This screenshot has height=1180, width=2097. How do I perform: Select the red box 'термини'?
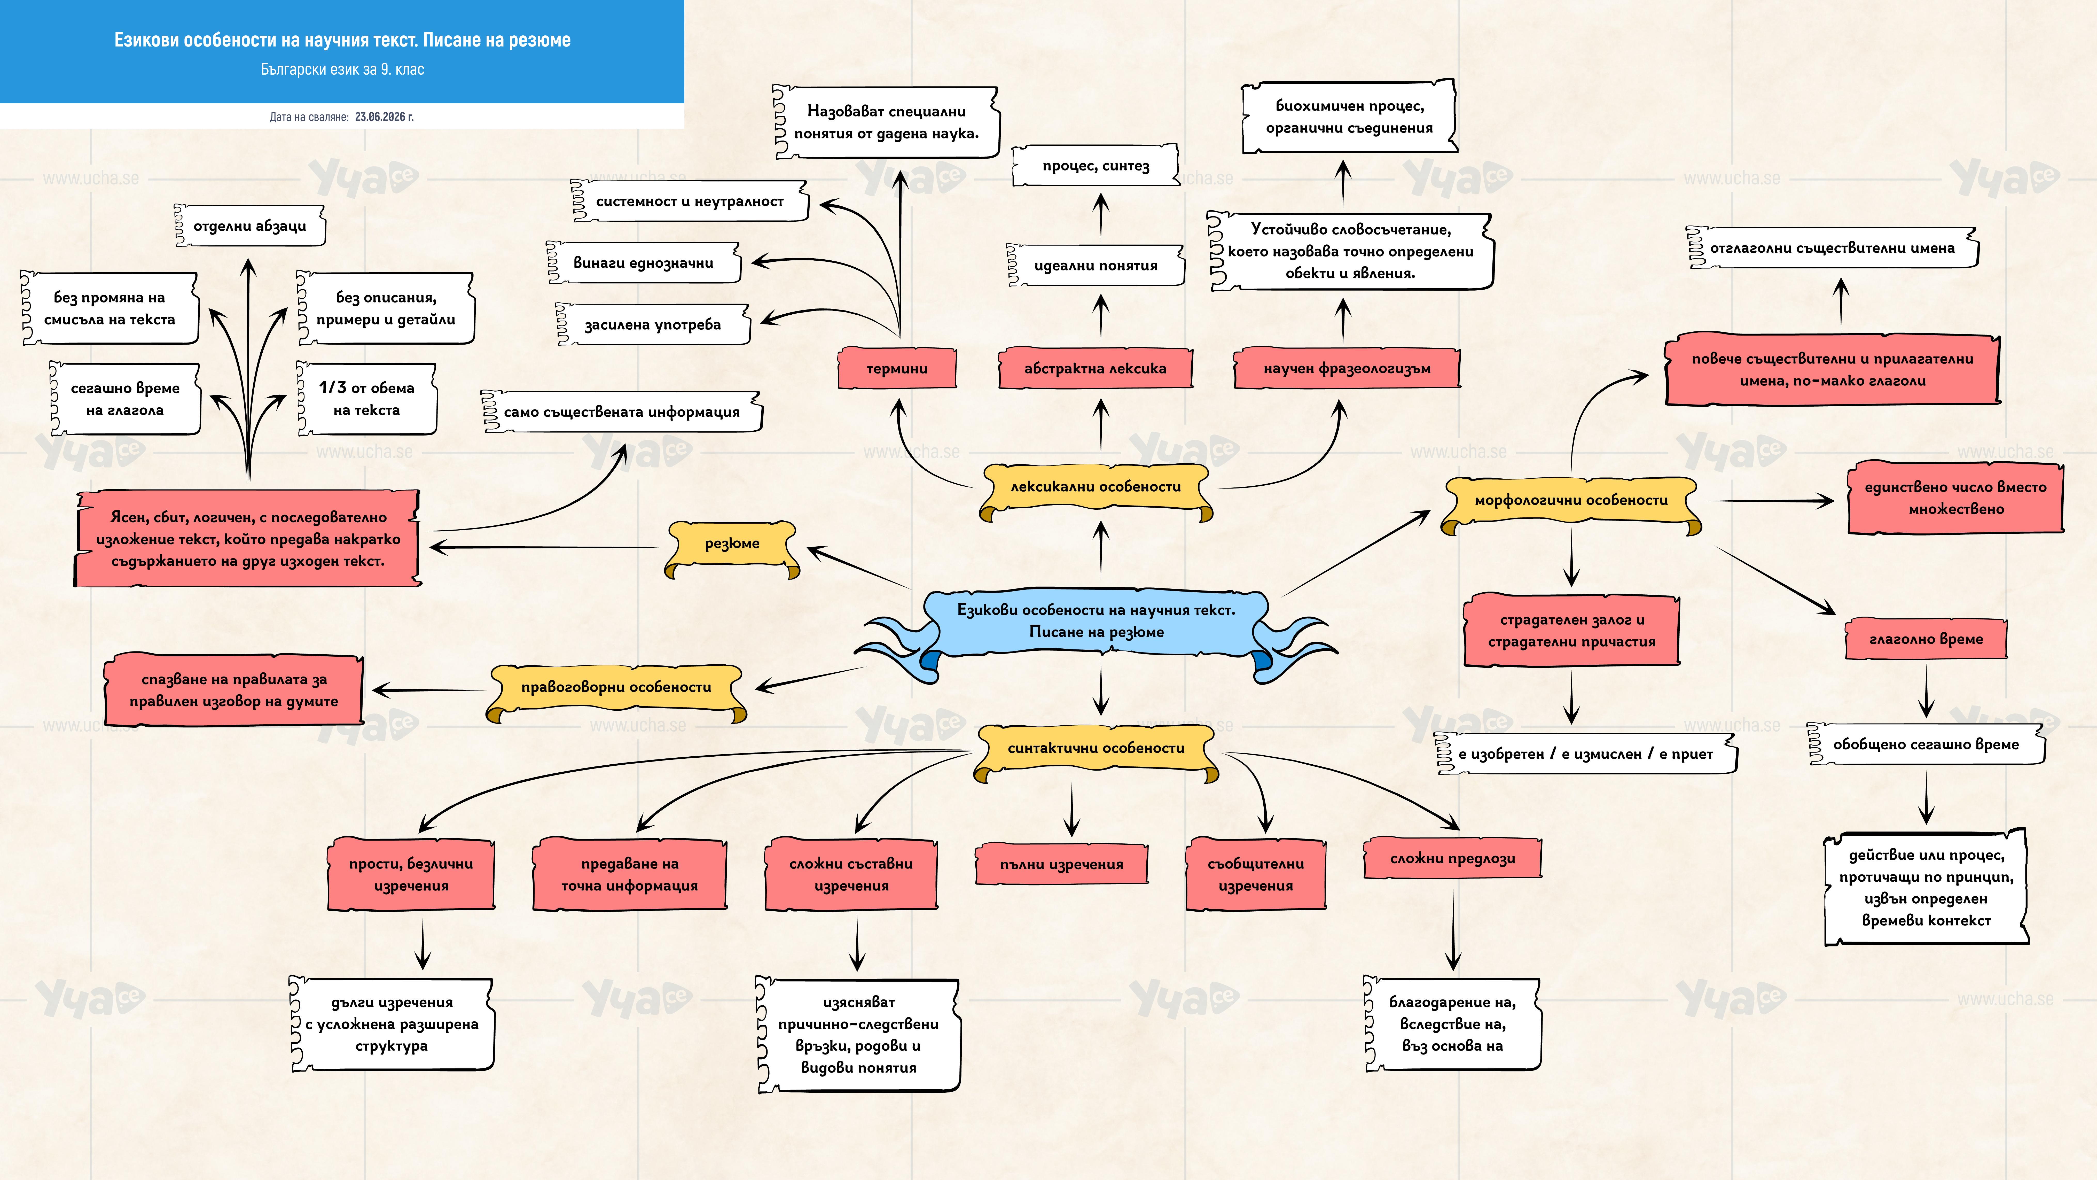pyautogui.click(x=897, y=368)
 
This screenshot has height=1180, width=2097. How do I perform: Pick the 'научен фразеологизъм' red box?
pyautogui.click(x=1347, y=368)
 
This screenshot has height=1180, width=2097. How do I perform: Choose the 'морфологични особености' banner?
pyautogui.click(x=1571, y=502)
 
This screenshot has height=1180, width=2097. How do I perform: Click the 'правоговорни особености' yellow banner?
pyautogui.click(x=616, y=690)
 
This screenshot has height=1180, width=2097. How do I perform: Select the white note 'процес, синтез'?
pyautogui.click(x=1096, y=166)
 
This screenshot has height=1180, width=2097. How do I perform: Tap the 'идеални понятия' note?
pyautogui.click(x=1096, y=266)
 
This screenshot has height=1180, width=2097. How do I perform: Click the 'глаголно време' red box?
pyautogui.click(x=1926, y=639)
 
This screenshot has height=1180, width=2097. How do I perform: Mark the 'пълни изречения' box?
pyautogui.click(x=1061, y=865)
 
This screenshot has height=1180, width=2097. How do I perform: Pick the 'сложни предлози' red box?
pyautogui.click(x=1452, y=858)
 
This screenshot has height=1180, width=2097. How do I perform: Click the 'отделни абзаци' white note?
pyautogui.click(x=250, y=226)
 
